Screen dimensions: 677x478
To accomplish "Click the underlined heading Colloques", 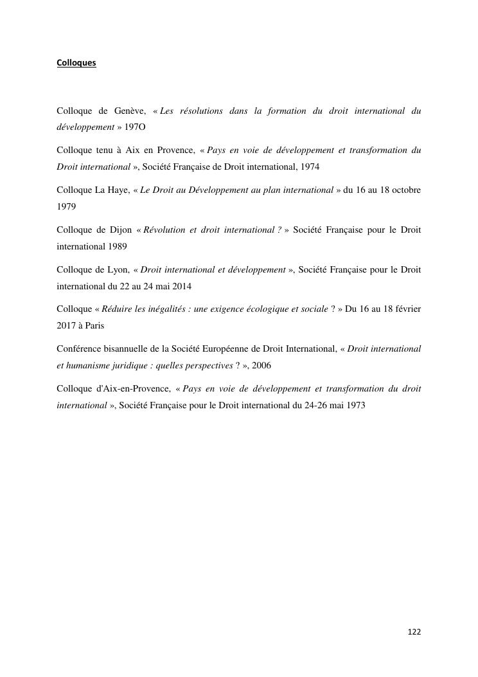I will (76, 63).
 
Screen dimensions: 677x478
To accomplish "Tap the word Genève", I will (130, 111).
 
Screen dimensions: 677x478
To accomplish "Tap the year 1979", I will (66, 207).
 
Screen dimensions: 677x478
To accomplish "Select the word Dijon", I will (118, 230).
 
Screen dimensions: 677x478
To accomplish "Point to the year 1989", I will (118, 246).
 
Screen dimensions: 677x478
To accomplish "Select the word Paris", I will (93, 325).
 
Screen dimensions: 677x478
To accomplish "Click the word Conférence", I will (79, 348).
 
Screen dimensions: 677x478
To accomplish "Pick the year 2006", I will (261, 365).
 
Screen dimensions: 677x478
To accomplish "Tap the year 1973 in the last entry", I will (355, 405).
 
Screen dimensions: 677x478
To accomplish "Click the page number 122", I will (414, 632).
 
